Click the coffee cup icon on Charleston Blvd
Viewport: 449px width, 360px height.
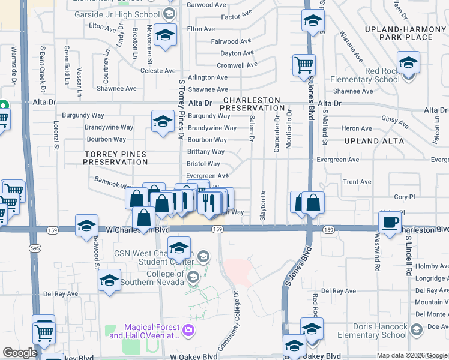click(x=390, y=223)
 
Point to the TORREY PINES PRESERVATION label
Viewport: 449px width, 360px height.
click(x=115, y=158)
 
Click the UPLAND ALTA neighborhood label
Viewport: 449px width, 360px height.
click(x=372, y=140)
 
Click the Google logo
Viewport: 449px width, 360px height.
click(x=20, y=353)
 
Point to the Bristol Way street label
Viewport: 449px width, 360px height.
click(x=203, y=164)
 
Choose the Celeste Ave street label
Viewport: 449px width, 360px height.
click(x=158, y=71)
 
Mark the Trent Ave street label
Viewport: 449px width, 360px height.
click(x=357, y=182)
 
